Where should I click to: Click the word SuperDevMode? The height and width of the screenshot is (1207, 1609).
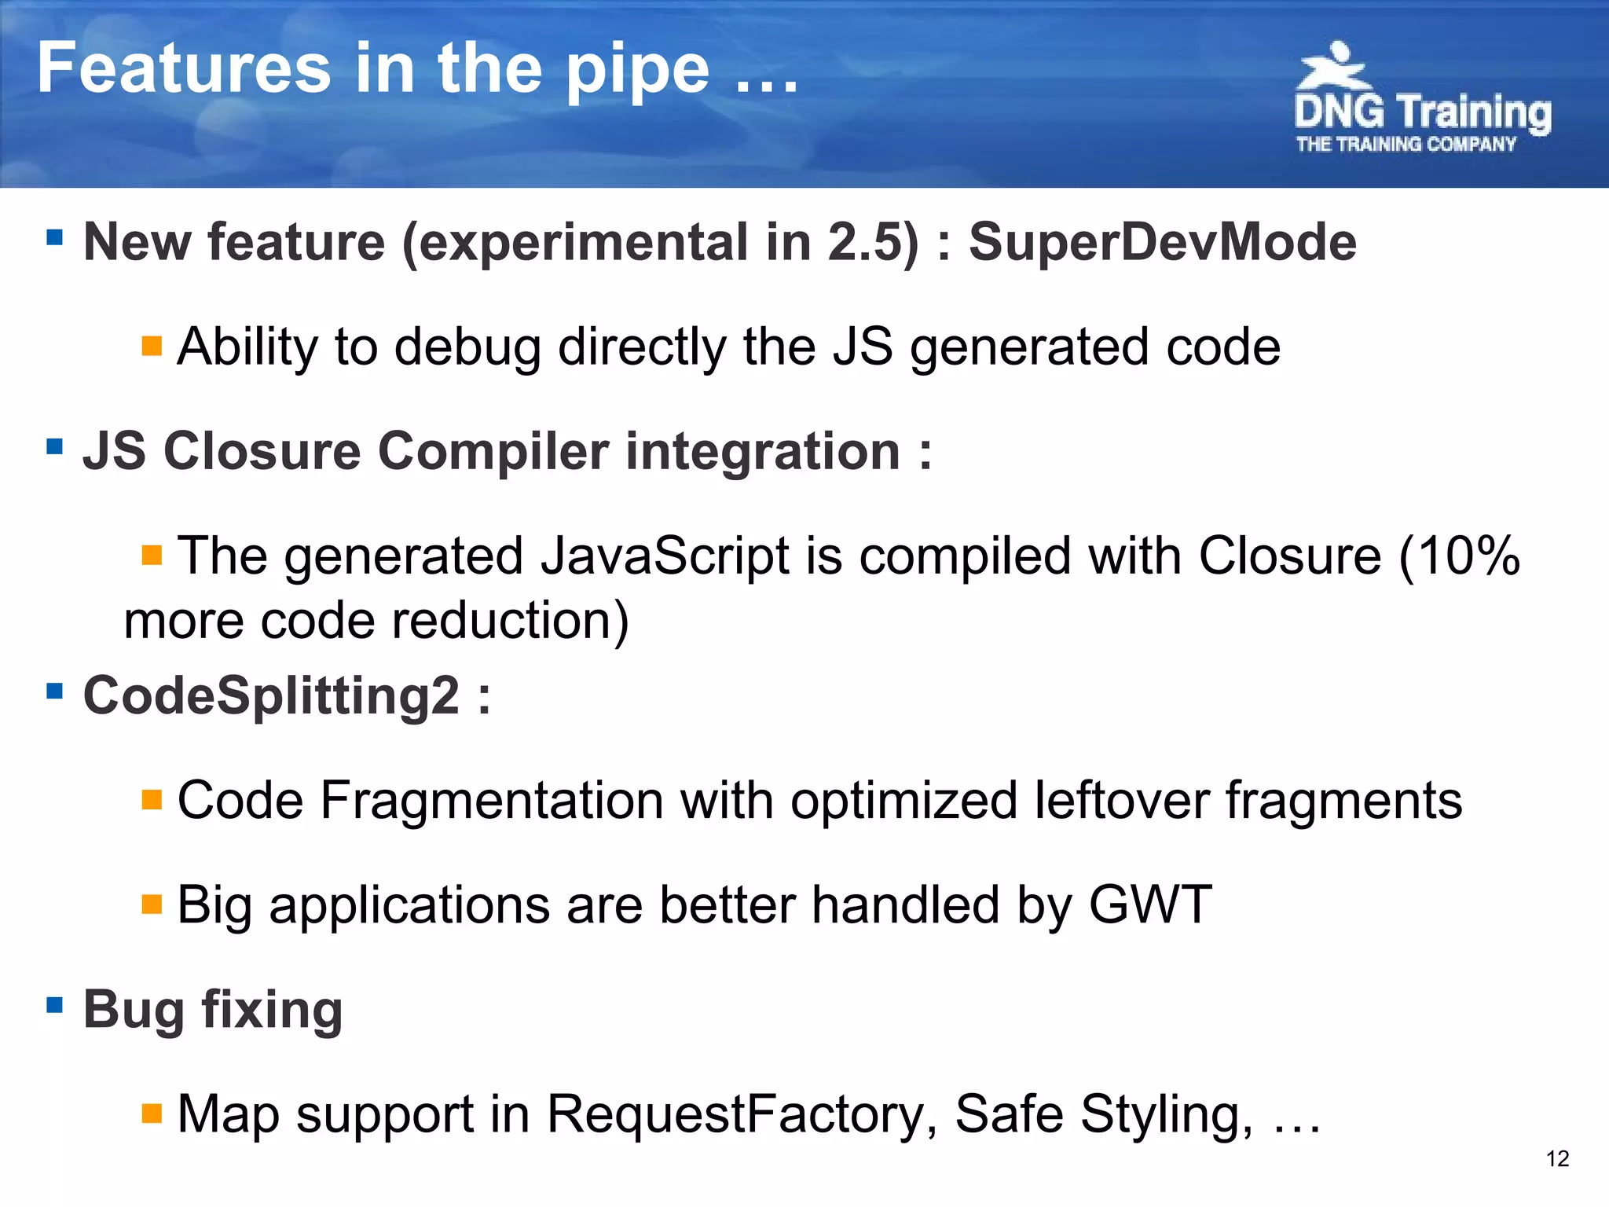coord(1162,242)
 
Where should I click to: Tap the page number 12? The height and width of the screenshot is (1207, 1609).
coord(1557,1158)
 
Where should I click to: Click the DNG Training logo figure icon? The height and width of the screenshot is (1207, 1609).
coord(1334,67)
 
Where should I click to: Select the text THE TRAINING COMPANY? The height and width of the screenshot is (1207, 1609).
coord(1406,145)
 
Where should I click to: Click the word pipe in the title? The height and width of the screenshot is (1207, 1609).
coord(637,71)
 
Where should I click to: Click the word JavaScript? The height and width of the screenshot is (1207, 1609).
coord(665,556)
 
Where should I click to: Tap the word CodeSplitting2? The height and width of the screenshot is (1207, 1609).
coord(271,695)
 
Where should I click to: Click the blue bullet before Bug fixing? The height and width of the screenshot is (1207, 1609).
coord(54,1005)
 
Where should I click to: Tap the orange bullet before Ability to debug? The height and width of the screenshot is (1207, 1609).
coord(152,346)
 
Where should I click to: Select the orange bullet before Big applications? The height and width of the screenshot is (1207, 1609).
coord(152,904)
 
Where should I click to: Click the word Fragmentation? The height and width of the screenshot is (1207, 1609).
coord(492,800)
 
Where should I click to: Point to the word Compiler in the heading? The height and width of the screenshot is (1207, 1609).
coord(493,452)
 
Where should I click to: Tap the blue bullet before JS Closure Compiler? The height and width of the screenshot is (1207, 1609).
coord(54,447)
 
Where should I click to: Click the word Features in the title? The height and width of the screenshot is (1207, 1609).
coord(184,69)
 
